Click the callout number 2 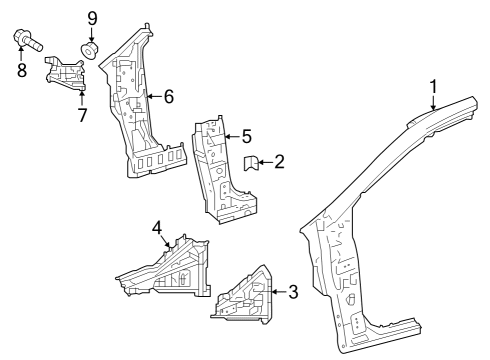(x=279, y=160)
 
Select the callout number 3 (x=293, y=292)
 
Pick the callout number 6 (x=168, y=96)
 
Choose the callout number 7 (x=82, y=115)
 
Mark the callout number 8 (x=21, y=70)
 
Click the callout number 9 (x=92, y=18)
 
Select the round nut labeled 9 (x=91, y=50)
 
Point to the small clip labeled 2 (x=252, y=162)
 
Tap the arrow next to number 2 (x=266, y=160)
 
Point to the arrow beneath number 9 (x=92, y=35)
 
